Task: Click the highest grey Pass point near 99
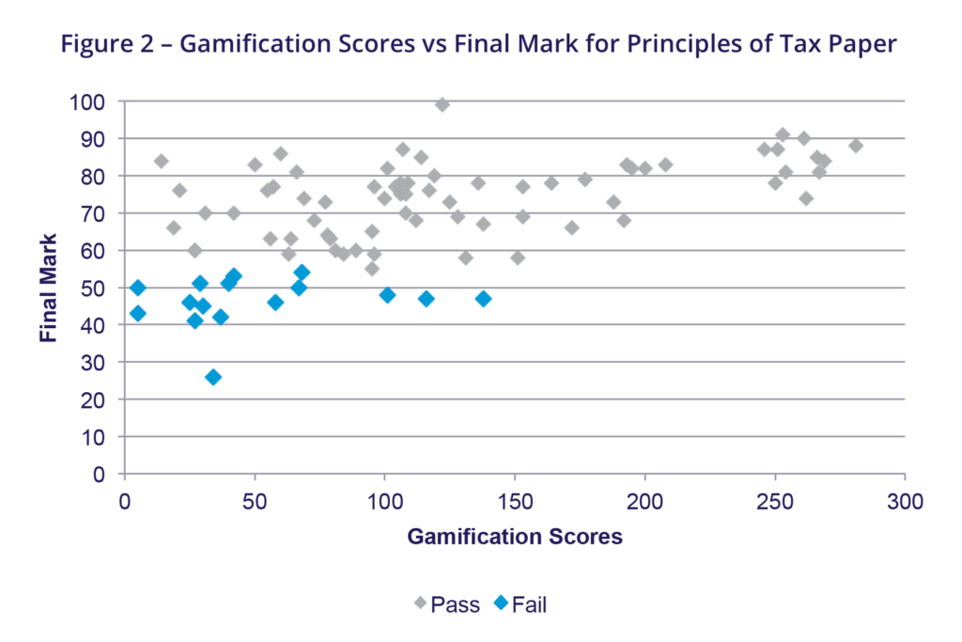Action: (442, 104)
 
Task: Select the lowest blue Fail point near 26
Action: (213, 377)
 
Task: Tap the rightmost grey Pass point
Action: (855, 146)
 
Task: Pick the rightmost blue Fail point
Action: (483, 299)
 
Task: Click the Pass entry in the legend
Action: (448, 604)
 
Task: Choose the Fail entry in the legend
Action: (520, 604)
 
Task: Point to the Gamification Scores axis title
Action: (515, 537)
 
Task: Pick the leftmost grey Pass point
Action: (161, 161)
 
